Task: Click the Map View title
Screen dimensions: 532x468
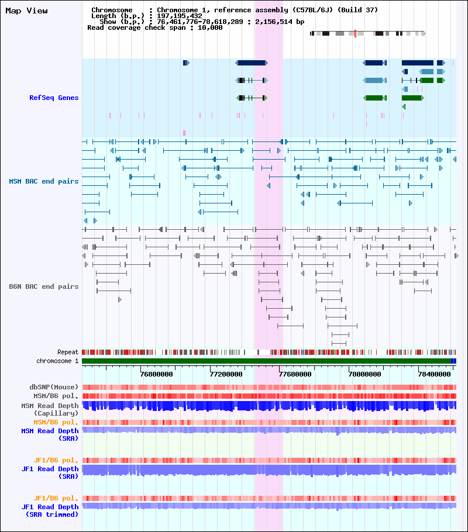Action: point(26,11)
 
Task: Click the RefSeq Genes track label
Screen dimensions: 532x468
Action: point(54,98)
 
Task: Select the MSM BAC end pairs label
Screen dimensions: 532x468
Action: point(43,181)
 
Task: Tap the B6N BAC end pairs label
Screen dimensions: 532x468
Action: point(43,286)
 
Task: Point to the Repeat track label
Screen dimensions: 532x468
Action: point(68,353)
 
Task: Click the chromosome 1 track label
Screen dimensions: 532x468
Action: point(57,361)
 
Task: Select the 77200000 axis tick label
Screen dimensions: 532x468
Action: point(226,374)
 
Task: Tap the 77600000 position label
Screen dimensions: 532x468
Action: point(295,374)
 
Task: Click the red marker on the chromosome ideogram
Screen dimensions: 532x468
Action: point(355,33)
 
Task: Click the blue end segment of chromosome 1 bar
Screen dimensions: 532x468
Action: point(454,361)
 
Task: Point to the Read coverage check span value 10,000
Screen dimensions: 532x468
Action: point(209,27)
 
